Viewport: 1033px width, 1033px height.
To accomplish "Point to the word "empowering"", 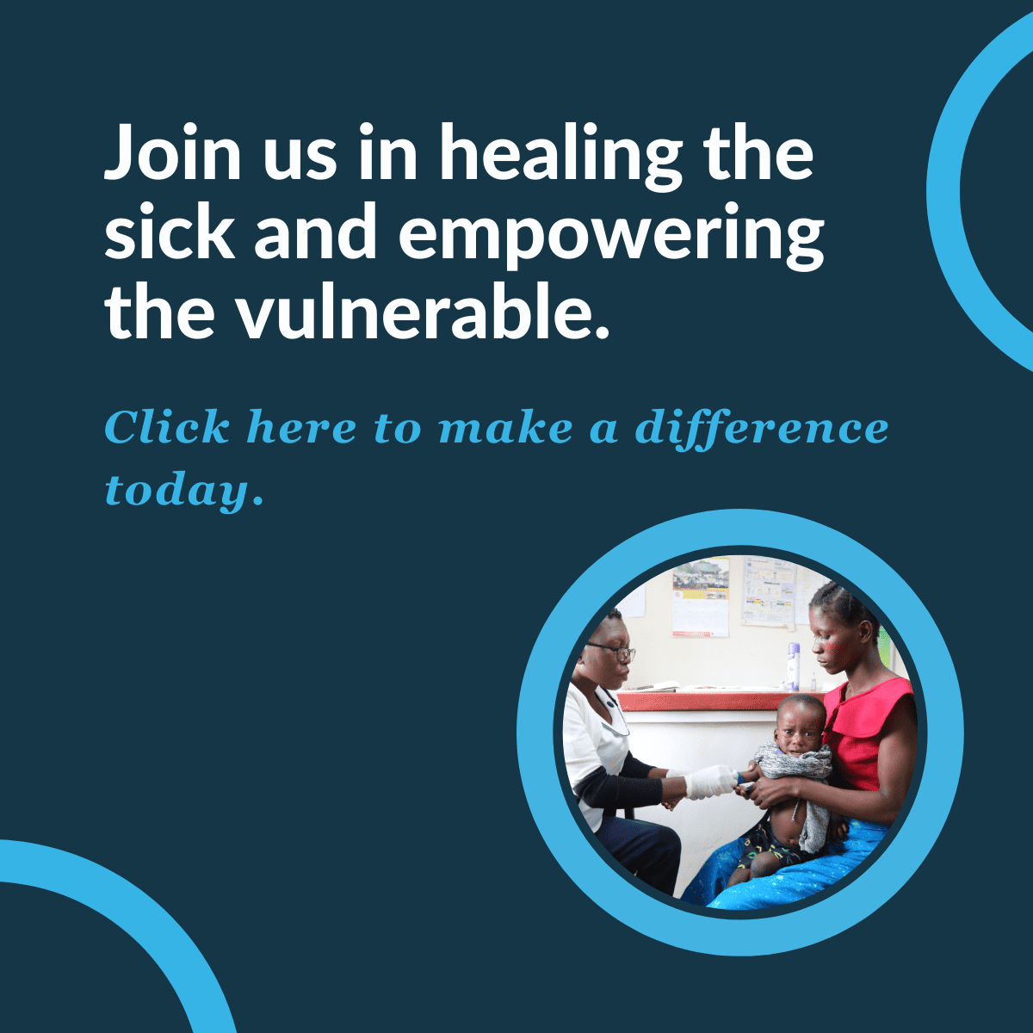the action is tap(611, 237).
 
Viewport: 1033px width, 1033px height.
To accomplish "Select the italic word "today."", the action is tap(184, 491).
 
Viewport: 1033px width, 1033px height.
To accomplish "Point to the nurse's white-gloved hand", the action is tap(711, 782).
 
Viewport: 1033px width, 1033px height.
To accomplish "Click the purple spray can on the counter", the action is tap(794, 667).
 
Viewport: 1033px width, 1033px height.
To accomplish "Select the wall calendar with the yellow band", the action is tap(701, 597).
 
